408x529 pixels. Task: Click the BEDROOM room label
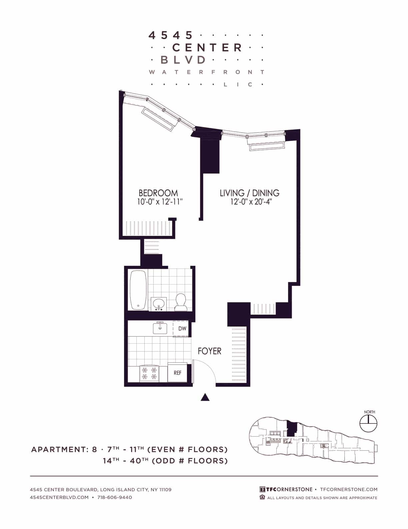click(x=158, y=193)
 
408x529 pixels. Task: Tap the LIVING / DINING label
click(x=249, y=193)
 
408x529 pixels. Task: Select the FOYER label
click(x=209, y=351)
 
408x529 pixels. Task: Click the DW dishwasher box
click(x=182, y=329)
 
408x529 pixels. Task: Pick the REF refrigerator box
click(x=177, y=372)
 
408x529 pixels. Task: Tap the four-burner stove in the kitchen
click(x=149, y=373)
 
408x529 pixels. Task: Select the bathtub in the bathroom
click(x=138, y=290)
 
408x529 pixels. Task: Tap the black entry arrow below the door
click(x=205, y=397)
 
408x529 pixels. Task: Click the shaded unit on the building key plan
click(x=292, y=428)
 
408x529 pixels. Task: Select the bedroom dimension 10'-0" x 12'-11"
click(x=160, y=202)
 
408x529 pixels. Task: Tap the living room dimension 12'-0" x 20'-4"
click(x=249, y=202)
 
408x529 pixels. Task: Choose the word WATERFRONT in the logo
click(x=207, y=72)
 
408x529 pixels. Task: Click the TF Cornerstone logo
click(x=286, y=489)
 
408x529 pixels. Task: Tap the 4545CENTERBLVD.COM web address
click(x=59, y=497)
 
